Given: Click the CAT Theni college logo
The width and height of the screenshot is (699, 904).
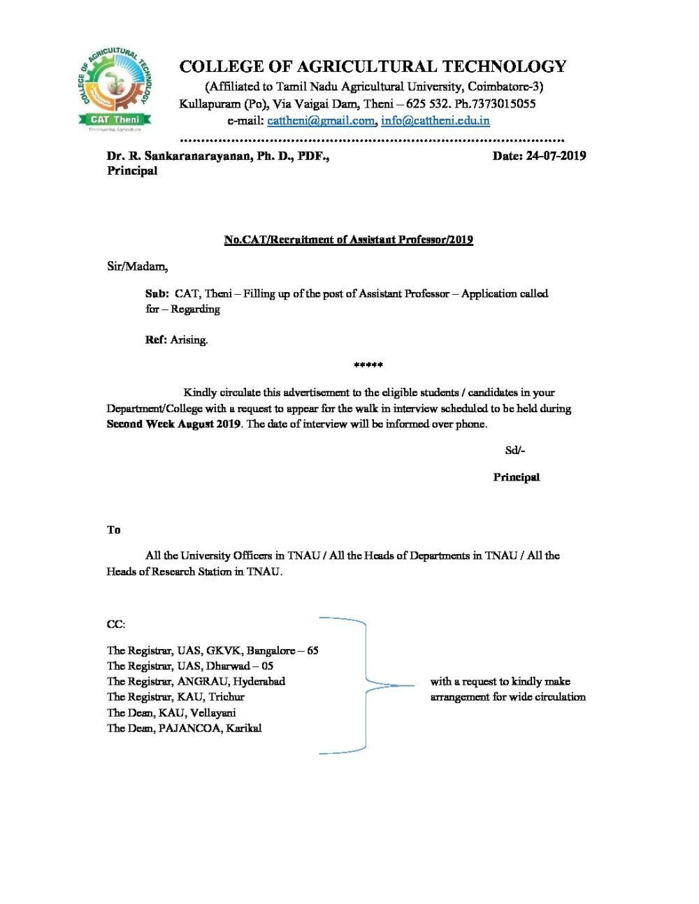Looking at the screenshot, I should pyautogui.click(x=115, y=89).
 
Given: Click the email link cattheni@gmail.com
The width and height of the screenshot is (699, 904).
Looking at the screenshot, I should pyautogui.click(x=321, y=120).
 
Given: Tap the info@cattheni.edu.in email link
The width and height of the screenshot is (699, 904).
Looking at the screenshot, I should pyautogui.click(x=435, y=120).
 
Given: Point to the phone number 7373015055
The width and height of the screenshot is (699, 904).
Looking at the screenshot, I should pyautogui.click(x=503, y=103).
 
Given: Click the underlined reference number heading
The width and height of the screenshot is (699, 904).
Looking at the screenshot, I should pyautogui.click(x=348, y=240).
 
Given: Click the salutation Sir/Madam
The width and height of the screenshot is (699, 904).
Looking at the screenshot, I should pyautogui.click(x=137, y=266).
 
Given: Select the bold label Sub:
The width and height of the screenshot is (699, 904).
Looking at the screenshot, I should pyautogui.click(x=157, y=293).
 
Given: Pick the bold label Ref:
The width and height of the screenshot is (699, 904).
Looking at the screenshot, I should pyautogui.click(x=155, y=340).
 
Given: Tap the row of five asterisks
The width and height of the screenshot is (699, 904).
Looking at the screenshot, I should pyautogui.click(x=368, y=365).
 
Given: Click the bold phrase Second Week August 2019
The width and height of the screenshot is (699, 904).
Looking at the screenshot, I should pyautogui.click(x=173, y=424).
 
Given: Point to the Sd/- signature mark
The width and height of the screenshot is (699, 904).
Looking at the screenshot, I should pyautogui.click(x=514, y=451).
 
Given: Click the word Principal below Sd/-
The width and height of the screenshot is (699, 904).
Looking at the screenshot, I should pyautogui.click(x=516, y=477).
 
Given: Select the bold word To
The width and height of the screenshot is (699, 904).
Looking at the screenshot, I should pyautogui.click(x=113, y=530).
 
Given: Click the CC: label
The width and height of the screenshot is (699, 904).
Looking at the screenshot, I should pyautogui.click(x=115, y=624).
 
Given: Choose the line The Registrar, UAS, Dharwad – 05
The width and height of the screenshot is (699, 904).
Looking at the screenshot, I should pyautogui.click(x=189, y=666).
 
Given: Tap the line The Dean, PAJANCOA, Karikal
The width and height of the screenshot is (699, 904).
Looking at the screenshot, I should pyautogui.click(x=184, y=728).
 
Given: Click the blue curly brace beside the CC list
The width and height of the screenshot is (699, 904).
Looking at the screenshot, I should pyautogui.click(x=366, y=685).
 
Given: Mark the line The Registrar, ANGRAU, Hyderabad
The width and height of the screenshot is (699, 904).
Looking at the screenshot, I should pyautogui.click(x=196, y=681).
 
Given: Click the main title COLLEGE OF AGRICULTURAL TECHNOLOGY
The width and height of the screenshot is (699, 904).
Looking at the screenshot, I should pyautogui.click(x=373, y=66).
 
